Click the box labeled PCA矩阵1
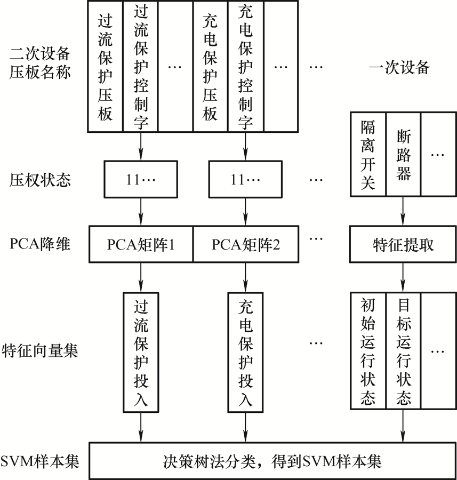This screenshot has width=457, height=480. (141, 244)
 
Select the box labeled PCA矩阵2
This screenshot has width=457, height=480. (246, 244)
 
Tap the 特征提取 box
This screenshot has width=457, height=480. (403, 244)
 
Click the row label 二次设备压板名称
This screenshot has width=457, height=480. (40, 63)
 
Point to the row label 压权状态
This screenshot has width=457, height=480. (40, 180)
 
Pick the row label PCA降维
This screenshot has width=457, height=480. (40, 244)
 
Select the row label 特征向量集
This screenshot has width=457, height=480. (40, 350)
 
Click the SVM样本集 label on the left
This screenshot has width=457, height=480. (40, 461)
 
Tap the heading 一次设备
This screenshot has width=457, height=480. (399, 67)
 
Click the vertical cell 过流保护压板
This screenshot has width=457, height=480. (105, 67)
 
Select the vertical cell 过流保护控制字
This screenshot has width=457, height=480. (140, 67)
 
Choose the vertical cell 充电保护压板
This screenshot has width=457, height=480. (211, 67)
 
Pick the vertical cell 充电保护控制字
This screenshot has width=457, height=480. (246, 67)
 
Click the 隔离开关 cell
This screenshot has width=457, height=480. (368, 154)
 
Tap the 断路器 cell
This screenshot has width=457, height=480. (404, 154)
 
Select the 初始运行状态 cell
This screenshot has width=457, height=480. (368, 351)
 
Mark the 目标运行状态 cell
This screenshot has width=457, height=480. (404, 351)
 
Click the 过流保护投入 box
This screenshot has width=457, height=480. (141, 353)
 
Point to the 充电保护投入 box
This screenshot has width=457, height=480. (245, 353)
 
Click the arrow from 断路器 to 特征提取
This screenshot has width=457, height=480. (403, 211)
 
